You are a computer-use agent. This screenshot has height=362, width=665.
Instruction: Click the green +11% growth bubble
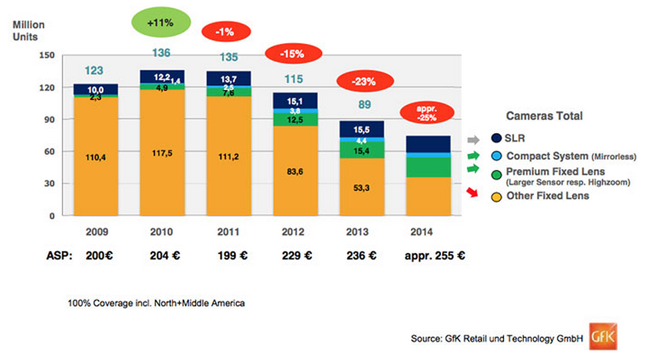[x=160, y=23]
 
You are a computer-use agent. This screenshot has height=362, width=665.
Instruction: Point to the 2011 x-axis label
[x=227, y=232]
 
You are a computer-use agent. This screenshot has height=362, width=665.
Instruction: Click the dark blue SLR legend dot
[x=495, y=139]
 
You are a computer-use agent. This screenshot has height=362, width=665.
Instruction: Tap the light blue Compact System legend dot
[x=495, y=156]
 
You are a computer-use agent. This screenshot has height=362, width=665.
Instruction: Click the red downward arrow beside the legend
[x=473, y=193]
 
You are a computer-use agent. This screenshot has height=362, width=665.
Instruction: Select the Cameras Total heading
[x=544, y=116]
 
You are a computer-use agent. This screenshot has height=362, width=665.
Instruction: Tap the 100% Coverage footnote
[x=156, y=303]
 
